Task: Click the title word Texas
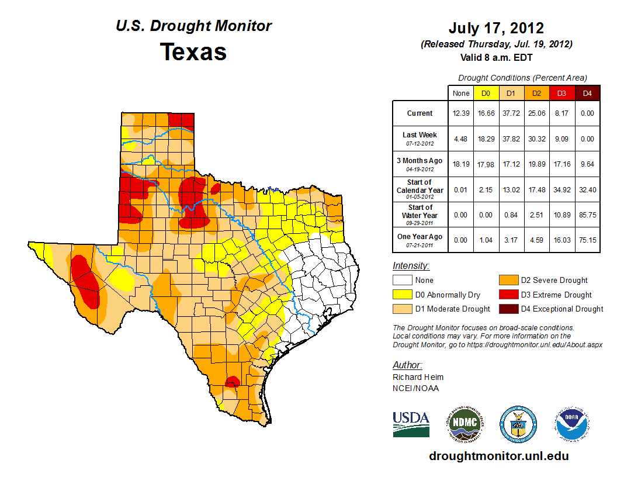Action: click(193, 52)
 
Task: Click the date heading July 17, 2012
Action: click(496, 28)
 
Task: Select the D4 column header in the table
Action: click(587, 92)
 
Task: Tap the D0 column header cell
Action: click(486, 92)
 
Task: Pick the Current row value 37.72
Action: click(511, 113)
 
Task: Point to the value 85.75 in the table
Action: click(587, 215)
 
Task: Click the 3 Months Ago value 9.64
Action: click(587, 164)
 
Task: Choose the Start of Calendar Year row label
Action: click(420, 189)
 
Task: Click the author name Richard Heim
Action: click(418, 377)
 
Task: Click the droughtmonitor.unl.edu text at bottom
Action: click(498, 456)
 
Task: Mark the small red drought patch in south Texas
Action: click(232, 382)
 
